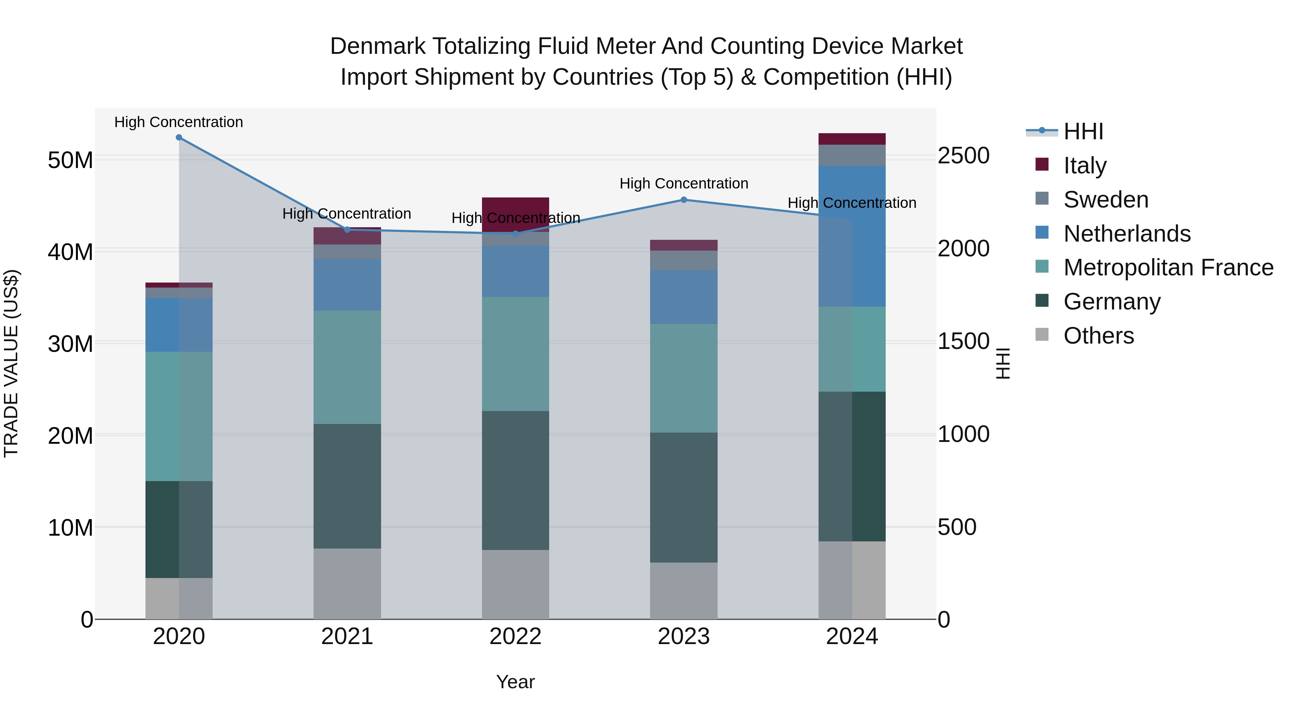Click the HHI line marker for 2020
tap(179, 138)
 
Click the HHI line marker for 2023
tap(683, 200)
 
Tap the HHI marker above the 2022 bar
tap(515, 234)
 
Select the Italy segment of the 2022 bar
tap(515, 214)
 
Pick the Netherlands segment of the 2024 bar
tap(852, 236)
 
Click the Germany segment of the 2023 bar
tap(683, 497)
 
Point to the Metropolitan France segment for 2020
tap(179, 416)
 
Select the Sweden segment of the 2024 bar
tap(852, 155)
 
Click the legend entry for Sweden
tap(1106, 200)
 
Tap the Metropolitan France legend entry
tap(1168, 267)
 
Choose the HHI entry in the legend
tap(1083, 131)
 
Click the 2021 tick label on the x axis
tap(347, 637)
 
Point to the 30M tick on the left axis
tap(70, 344)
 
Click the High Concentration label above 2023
tap(683, 183)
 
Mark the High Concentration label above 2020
tap(179, 122)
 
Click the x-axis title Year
tap(515, 682)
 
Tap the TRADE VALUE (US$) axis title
tap(11, 363)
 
